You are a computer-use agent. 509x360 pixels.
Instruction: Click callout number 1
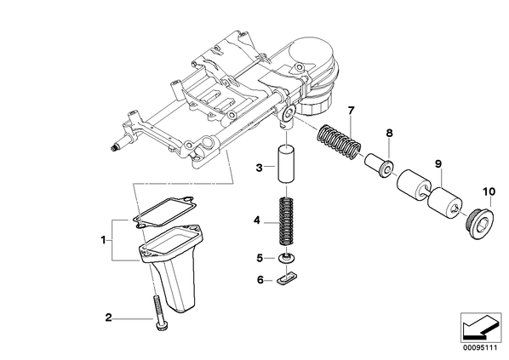(103, 241)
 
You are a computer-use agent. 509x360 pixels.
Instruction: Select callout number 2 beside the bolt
(108, 317)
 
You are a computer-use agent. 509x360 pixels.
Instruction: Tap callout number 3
(259, 168)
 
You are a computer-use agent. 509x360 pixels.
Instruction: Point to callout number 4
(257, 221)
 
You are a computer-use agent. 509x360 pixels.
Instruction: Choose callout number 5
(259, 258)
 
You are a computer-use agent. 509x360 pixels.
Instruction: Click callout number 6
(260, 279)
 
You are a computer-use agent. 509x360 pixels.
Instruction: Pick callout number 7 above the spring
(351, 111)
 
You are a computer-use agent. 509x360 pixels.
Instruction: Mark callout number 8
(389, 133)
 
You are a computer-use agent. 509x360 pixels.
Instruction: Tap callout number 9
(438, 164)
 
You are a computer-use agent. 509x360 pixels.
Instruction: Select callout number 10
(489, 191)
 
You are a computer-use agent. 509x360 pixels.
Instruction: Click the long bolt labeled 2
(158, 312)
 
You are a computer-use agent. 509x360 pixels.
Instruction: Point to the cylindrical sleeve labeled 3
(285, 164)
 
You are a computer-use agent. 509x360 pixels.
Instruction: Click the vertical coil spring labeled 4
(286, 221)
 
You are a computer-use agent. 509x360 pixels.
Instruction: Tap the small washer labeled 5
(287, 259)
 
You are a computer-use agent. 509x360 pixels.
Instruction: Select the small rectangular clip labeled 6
(286, 279)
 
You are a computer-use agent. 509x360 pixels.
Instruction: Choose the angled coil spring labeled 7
(338, 142)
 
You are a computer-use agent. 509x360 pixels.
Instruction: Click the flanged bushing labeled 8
(380, 165)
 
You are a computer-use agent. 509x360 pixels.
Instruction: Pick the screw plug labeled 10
(479, 225)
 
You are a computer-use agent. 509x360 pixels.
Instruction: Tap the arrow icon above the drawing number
(481, 327)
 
